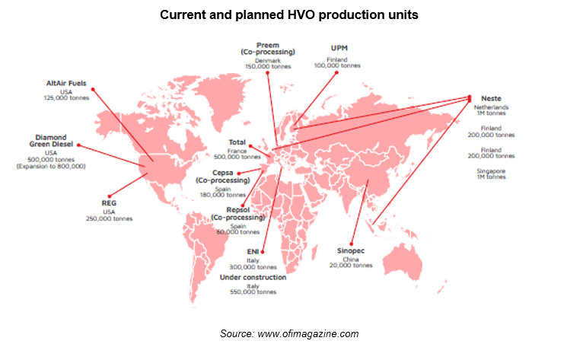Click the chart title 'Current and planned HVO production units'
289,14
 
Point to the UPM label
337,48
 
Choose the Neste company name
492,99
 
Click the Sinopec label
354,250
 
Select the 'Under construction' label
253,277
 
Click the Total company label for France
237,142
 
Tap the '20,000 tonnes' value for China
354,266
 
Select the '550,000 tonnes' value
253,292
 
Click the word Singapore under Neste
491,171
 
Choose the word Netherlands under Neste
491,107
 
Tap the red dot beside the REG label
112,195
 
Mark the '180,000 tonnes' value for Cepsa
222,195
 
